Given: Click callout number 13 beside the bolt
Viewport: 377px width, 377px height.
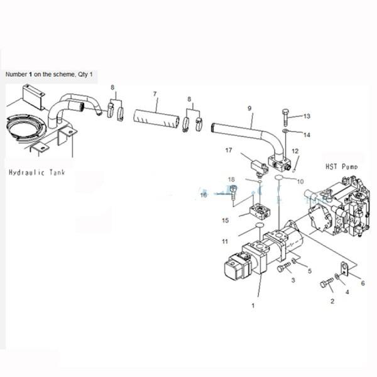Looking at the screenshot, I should (307, 116).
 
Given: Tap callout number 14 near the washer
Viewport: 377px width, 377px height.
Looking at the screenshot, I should (307, 134).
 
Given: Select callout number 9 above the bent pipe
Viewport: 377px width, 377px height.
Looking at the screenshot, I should (250, 108).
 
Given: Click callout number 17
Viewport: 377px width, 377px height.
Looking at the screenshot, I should (229, 150).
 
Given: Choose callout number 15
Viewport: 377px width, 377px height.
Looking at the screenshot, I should (226, 220).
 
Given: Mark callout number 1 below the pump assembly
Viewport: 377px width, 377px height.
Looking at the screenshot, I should (253, 306).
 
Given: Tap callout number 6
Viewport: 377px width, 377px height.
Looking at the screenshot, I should (362, 284).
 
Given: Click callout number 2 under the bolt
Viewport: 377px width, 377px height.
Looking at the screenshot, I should (332, 301).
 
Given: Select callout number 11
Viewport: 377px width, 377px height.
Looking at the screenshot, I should (226, 241).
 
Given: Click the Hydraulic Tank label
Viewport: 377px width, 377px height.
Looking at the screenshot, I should (39, 172).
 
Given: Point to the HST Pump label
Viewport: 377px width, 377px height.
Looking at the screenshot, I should (341, 167).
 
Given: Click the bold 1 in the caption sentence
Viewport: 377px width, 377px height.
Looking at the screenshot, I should (30, 74).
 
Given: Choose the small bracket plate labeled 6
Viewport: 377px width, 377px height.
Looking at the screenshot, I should (344, 268).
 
